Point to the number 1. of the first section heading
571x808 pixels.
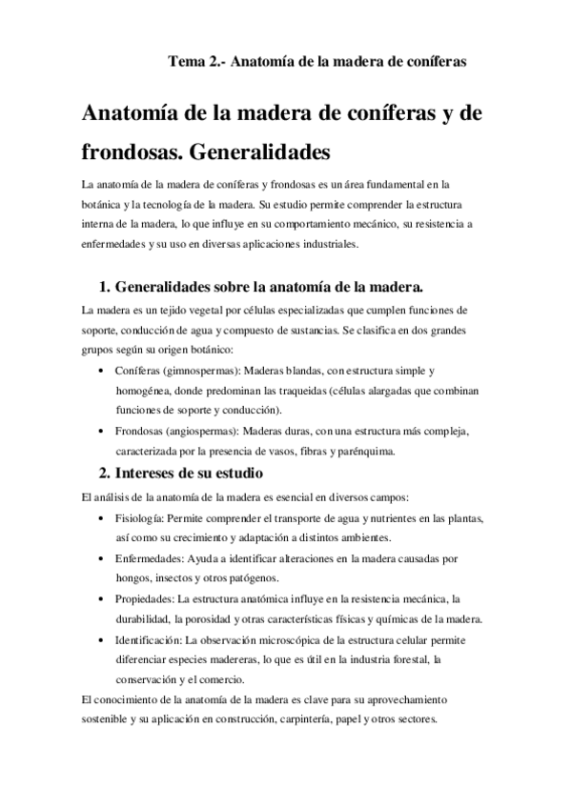pos(106,287)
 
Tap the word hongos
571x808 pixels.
pos(133,577)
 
